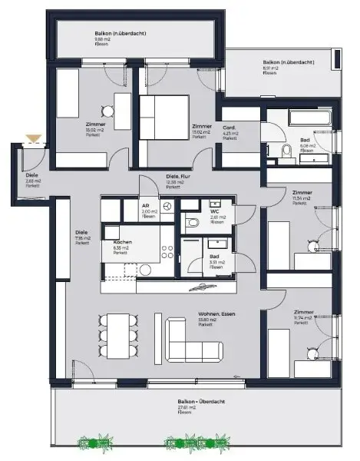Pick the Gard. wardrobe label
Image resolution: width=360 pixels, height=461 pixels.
(230, 131)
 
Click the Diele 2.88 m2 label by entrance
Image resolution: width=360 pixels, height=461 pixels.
(31, 180)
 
